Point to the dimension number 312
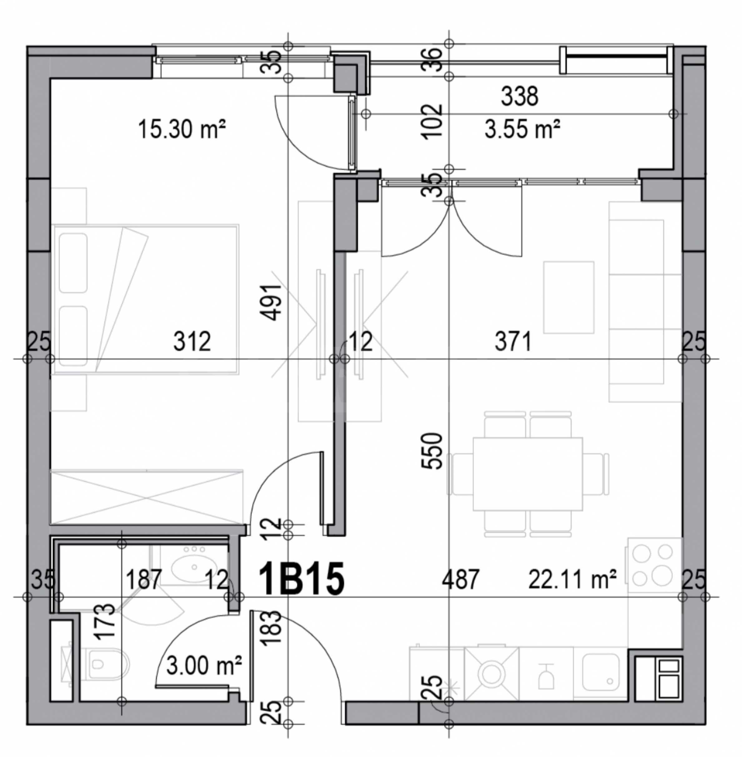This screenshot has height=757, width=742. (x=192, y=341)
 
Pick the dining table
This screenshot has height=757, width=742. (x=528, y=474)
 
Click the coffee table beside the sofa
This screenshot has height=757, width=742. (x=569, y=297)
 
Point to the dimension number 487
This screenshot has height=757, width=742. (x=460, y=579)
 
